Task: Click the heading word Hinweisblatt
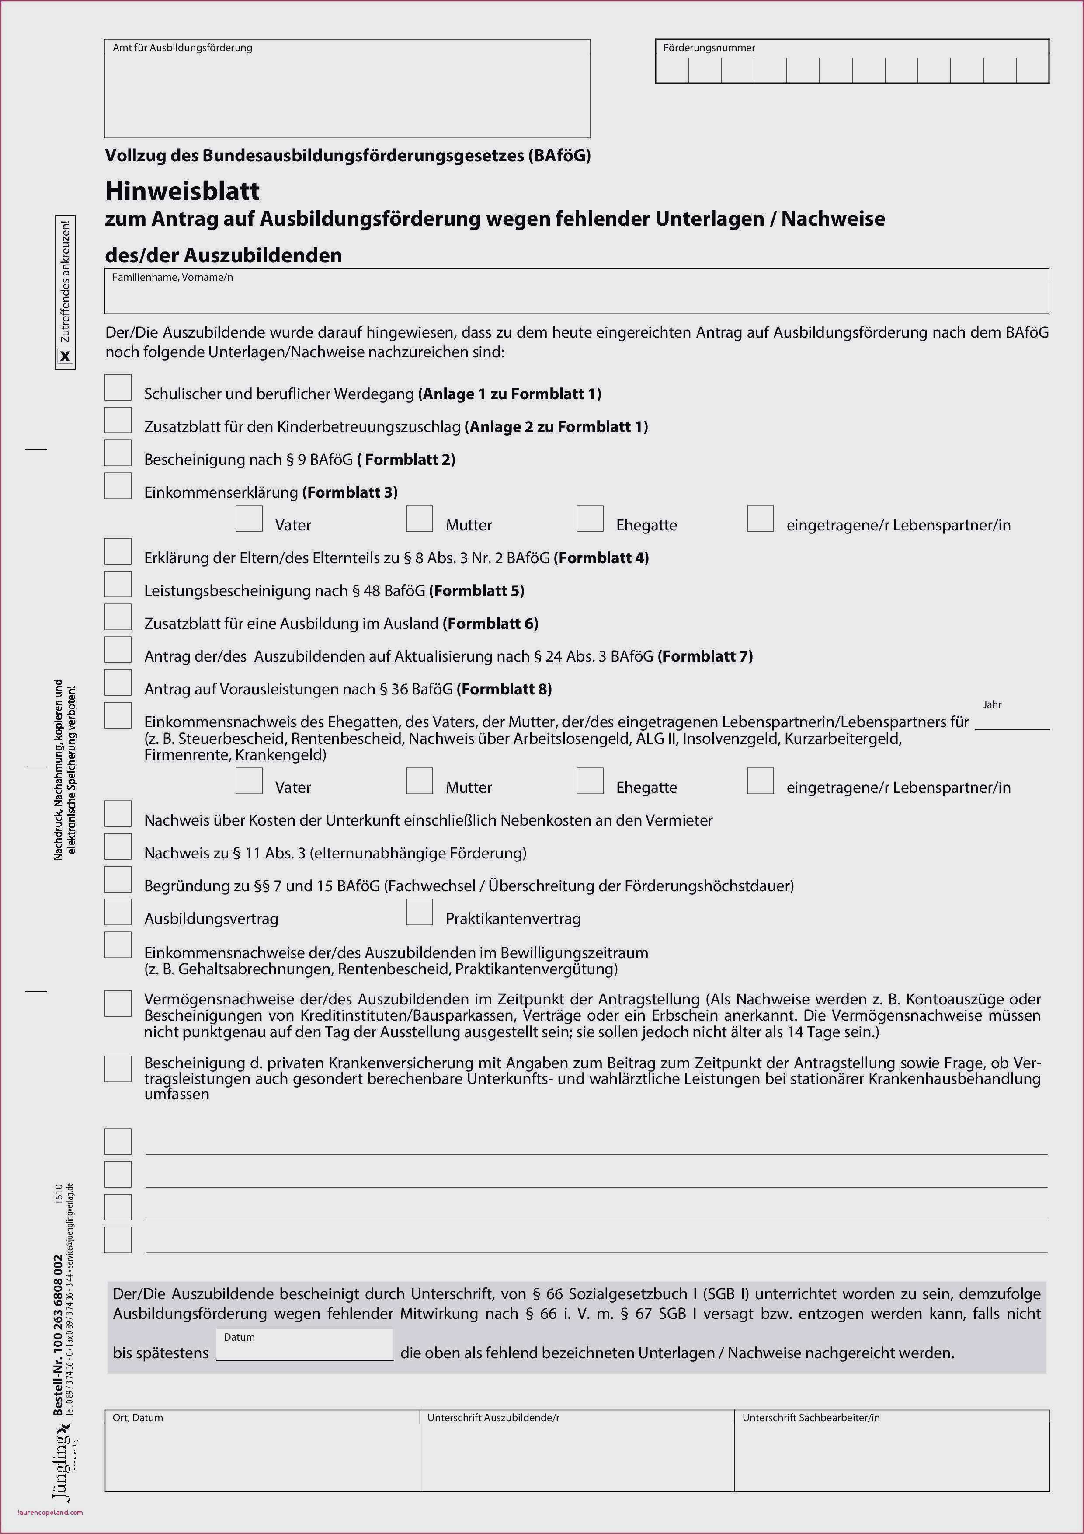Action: pos(182,191)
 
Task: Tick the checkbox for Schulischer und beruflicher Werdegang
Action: pos(118,387)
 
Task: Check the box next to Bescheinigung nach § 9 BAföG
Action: pos(118,453)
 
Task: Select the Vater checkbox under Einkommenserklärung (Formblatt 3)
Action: pos(249,519)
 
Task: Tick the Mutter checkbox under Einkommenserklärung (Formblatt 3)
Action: pos(420,519)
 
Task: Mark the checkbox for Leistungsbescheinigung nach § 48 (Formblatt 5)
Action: pos(118,584)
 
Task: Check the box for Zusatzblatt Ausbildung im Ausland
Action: pos(118,617)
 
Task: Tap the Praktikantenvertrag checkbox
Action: pos(420,912)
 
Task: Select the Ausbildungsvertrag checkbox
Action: pos(118,912)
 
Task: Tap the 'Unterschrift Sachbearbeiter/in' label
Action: pos(811,1418)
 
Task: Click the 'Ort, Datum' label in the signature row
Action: pos(138,1418)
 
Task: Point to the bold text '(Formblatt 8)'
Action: pos(504,689)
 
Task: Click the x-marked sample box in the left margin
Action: pos(66,357)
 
